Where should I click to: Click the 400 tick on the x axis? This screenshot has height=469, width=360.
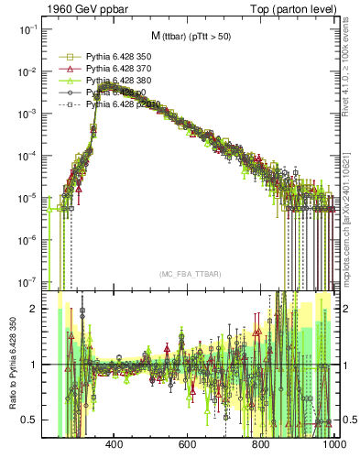click(115, 446)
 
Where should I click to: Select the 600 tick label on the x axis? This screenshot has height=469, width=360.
click(187, 446)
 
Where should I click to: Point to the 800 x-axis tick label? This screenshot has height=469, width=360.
click(260, 446)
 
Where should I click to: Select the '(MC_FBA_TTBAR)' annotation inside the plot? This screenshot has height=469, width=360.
click(189, 275)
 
